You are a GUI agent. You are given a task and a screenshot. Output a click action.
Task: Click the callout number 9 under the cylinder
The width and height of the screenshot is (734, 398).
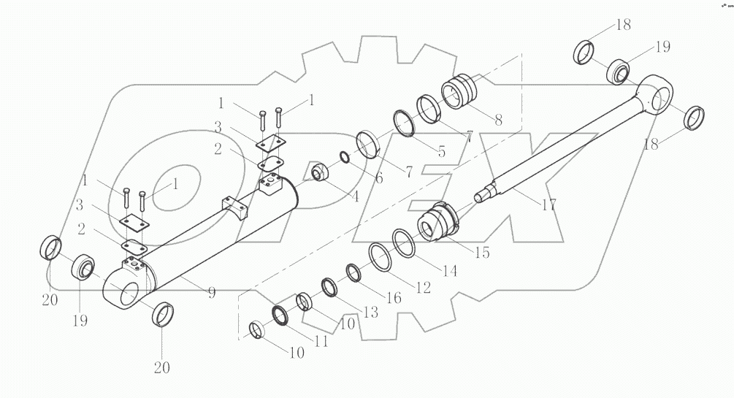coord(211,293)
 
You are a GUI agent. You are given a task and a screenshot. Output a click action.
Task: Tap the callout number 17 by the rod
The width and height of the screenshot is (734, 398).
coord(548,205)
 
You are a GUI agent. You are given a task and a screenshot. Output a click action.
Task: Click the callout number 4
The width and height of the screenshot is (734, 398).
coord(442,153)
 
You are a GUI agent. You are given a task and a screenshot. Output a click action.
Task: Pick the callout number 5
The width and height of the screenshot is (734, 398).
coord(378,177)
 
